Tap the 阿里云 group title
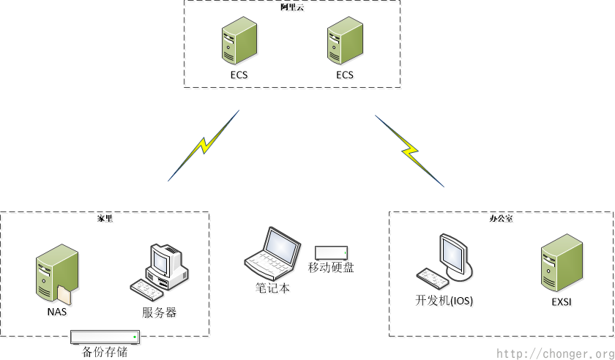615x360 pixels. pyautogui.click(x=292, y=7)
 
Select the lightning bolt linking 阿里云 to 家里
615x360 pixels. pyautogui.click(x=204, y=146)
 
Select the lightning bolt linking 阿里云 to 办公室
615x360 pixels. pyautogui.click(x=409, y=150)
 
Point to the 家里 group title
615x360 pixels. pyautogui.click(x=105, y=218)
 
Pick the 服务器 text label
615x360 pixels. pyautogui.click(x=159, y=312)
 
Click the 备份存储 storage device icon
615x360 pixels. pyautogui.click(x=105, y=337)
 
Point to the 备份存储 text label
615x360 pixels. pyautogui.click(x=105, y=352)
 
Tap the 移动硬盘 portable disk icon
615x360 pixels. pyautogui.click(x=331, y=252)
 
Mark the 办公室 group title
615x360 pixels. pyautogui.click(x=501, y=218)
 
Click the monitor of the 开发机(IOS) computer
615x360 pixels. pyautogui.click(x=452, y=252)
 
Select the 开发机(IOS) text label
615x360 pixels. pyautogui.click(x=444, y=300)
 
